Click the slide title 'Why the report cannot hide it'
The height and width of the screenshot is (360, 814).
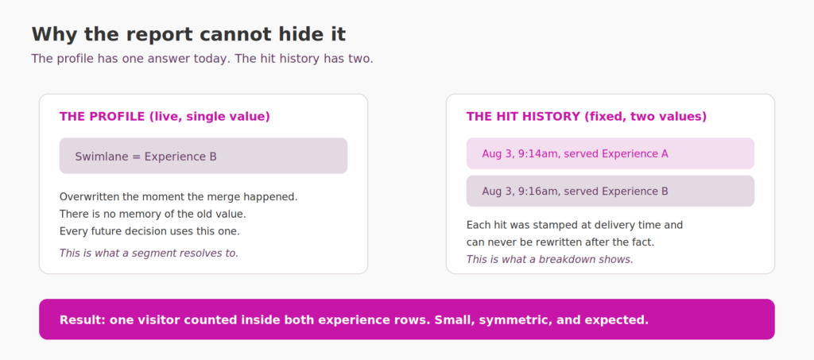point(188,35)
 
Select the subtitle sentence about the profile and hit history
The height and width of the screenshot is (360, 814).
point(203,59)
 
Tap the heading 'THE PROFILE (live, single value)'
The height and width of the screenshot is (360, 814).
point(165,117)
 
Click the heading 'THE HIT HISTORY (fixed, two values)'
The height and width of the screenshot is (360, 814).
point(587,117)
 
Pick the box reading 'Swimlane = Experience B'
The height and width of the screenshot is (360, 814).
point(203,156)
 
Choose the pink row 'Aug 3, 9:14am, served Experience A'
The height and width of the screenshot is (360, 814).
point(610,153)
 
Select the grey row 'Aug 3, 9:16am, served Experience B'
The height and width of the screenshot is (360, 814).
point(610,191)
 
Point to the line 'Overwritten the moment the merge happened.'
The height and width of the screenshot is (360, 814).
point(179,197)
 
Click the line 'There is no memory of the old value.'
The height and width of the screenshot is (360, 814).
point(153,214)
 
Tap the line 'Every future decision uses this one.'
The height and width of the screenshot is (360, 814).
point(149,230)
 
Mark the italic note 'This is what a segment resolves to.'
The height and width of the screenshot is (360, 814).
point(149,254)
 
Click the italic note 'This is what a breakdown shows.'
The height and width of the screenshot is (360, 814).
point(550,259)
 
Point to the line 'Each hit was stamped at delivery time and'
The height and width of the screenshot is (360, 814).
point(575,225)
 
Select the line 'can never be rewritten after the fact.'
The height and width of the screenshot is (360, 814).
point(560,242)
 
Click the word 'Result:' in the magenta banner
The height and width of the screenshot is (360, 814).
point(83,320)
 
